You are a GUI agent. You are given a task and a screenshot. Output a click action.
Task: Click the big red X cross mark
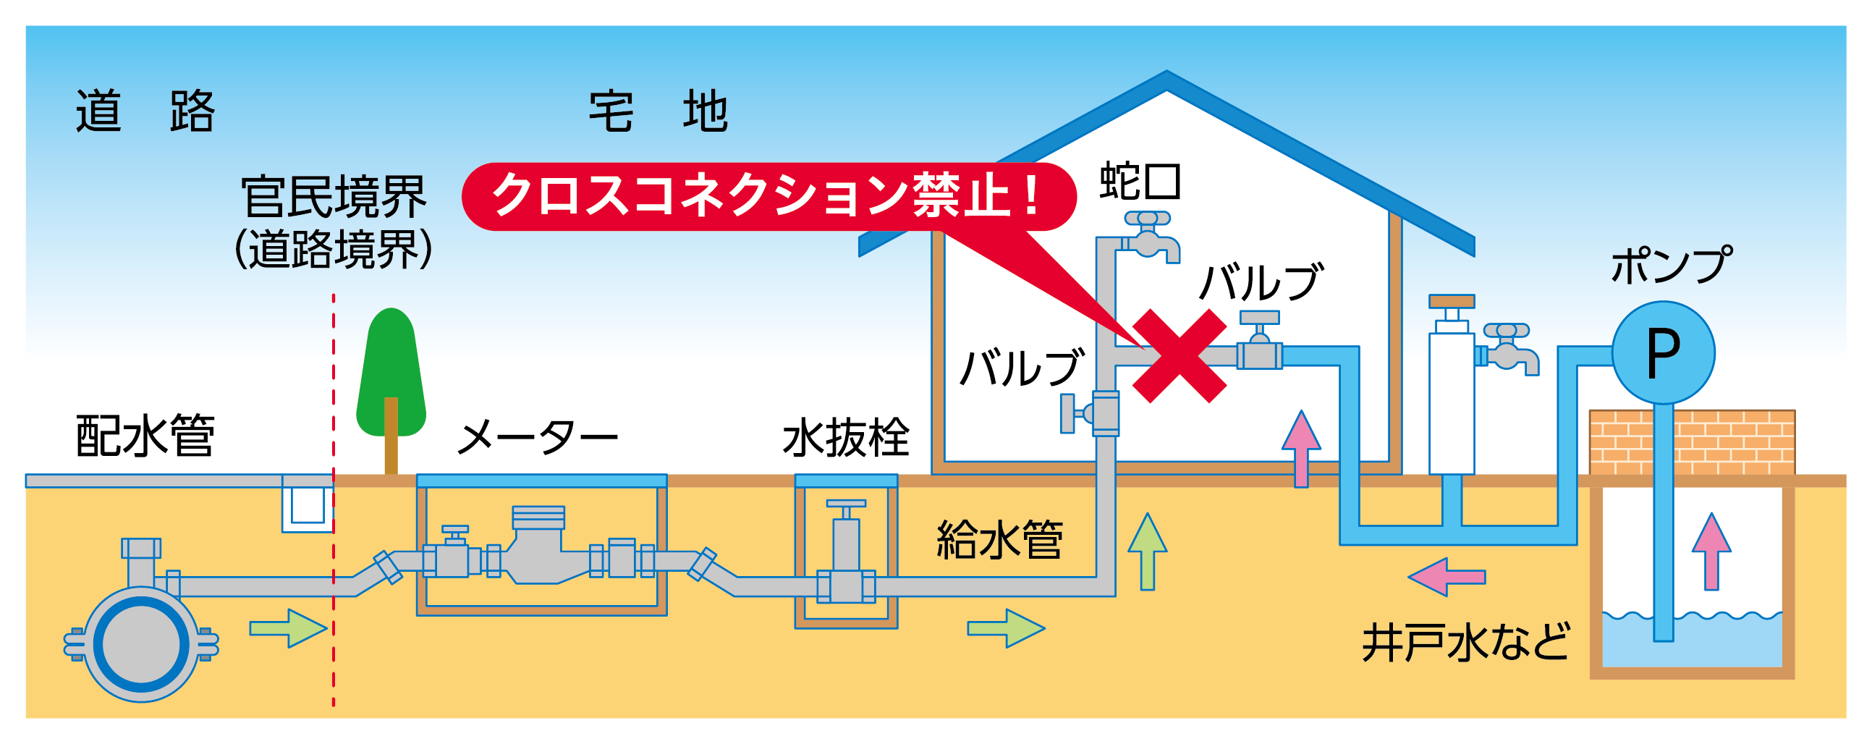(x=1179, y=355)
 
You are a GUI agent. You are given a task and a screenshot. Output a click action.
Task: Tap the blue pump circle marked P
(x=1664, y=352)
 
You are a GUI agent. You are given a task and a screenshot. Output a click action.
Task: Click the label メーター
(x=538, y=436)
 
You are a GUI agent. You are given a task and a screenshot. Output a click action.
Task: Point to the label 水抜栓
(x=846, y=437)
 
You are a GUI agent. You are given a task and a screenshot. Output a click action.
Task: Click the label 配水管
(x=145, y=436)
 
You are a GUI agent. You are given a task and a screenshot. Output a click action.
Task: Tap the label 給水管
(x=1000, y=539)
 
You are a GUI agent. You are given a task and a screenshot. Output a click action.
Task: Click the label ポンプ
(x=1671, y=265)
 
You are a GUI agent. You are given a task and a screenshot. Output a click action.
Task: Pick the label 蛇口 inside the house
(x=1140, y=181)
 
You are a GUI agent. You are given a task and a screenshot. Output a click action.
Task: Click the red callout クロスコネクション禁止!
(x=769, y=196)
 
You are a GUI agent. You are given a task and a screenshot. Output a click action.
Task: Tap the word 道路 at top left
(x=145, y=111)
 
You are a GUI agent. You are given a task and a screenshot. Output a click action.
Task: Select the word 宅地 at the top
(x=658, y=111)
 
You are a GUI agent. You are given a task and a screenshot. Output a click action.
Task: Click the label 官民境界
(x=334, y=197)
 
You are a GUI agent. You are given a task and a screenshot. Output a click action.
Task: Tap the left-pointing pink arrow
(x=1446, y=577)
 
